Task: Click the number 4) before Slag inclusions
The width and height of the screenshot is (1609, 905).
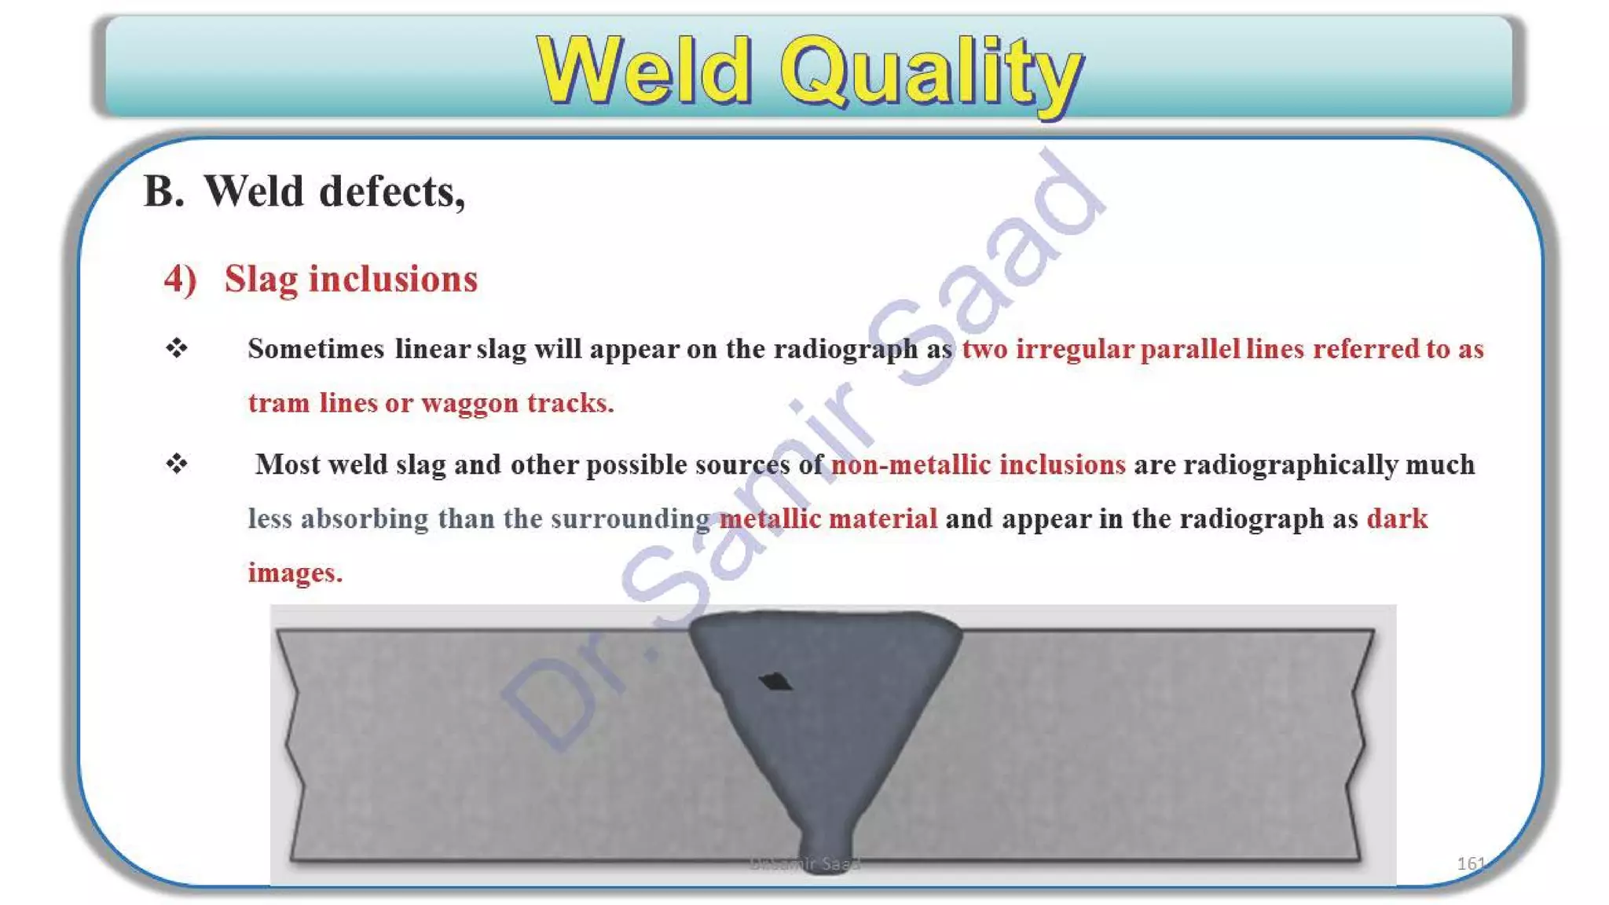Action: [180, 280]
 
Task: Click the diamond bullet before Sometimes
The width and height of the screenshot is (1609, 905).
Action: [177, 347]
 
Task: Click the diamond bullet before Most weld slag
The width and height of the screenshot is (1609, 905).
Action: [177, 463]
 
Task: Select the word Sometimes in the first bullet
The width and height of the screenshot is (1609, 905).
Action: [316, 349]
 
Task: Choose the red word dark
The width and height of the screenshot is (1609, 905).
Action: [1397, 518]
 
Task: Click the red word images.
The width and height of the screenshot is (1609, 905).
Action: [295, 573]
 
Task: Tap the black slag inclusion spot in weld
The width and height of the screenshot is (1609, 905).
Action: [775, 681]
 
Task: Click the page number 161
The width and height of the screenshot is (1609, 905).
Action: [1470, 863]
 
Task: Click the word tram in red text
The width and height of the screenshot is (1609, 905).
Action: [279, 403]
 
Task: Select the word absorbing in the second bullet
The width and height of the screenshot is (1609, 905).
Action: [365, 518]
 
